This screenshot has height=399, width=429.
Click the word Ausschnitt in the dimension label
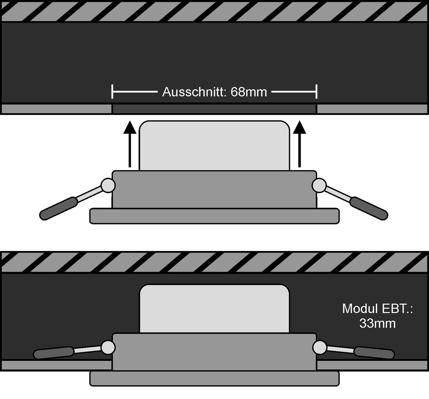tap(194, 92)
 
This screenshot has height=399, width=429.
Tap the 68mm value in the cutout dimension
tap(249, 92)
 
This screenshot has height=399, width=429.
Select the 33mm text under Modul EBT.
tap(377, 323)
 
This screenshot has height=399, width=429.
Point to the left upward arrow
tap(130, 144)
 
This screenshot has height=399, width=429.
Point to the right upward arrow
tap(299, 144)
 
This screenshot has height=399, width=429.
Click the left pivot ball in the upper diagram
tap(108, 185)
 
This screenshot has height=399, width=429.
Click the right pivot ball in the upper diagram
tap(319, 185)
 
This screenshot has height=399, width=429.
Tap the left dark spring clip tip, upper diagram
tap(58, 208)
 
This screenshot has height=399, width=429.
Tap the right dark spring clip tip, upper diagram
tap(369, 208)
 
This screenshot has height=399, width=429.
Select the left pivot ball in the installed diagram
tap(108, 348)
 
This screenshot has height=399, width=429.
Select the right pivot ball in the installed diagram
tap(320, 348)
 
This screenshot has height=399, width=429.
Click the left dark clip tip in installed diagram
tap(54, 353)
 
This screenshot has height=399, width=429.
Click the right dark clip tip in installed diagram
tap(375, 353)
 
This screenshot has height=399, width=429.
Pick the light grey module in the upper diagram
tap(214, 145)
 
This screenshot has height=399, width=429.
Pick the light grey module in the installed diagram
tap(214, 309)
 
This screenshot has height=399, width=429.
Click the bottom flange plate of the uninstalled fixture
tap(214, 216)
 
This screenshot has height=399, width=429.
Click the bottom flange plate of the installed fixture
tap(214, 379)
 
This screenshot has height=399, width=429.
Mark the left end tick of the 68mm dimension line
tap(112, 92)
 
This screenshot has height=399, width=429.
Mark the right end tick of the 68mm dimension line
tap(317, 92)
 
